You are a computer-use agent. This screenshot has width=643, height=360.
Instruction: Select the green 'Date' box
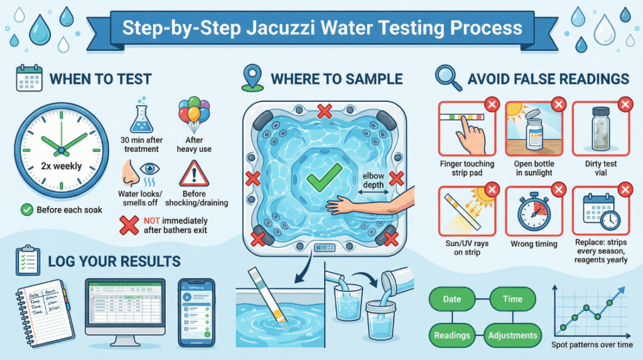tap(452, 300)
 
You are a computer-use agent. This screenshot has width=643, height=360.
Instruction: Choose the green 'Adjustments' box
tap(513, 335)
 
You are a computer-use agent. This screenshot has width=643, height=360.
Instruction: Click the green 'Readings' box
tap(452, 335)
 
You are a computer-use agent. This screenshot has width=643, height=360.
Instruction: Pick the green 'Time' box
tap(513, 300)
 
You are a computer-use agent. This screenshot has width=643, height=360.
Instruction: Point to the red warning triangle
tap(196, 173)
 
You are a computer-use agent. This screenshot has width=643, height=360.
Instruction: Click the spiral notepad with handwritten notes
tap(43, 309)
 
